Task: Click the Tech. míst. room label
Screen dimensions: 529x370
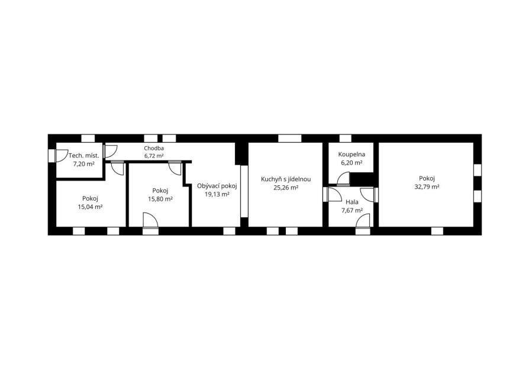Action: click(83, 156)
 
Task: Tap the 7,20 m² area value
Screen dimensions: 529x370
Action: click(83, 164)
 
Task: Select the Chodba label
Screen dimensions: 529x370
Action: click(154, 148)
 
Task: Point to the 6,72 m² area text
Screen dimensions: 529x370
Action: click(154, 156)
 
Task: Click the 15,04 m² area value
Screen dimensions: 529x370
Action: click(90, 207)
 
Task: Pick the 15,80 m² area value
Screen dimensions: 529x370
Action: click(160, 199)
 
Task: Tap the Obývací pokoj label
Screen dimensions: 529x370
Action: click(217, 186)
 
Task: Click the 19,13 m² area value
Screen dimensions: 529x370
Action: click(217, 194)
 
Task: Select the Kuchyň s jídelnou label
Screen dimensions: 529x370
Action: click(286, 179)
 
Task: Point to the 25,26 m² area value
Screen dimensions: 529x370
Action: click(286, 188)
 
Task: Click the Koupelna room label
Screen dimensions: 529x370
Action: click(351, 155)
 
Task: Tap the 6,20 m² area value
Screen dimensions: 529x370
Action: click(351, 163)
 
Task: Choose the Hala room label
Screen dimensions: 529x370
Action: click(352, 202)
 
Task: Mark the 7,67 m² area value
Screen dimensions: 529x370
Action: click(352, 210)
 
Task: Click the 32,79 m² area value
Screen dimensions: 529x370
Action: click(427, 186)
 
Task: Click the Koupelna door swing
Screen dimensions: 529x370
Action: click(343, 179)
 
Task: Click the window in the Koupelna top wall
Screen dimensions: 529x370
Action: click(345, 139)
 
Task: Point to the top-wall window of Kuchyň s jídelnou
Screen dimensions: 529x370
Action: click(289, 139)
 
